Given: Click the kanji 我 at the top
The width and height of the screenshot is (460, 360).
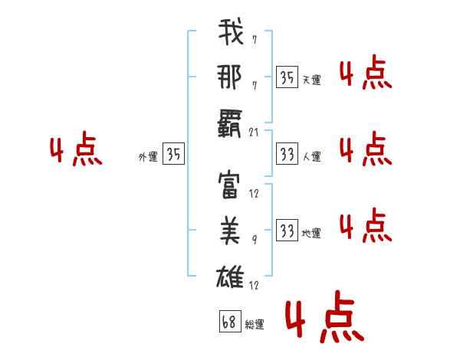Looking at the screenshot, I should (231, 33).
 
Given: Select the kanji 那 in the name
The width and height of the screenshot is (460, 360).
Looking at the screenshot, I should (231, 78).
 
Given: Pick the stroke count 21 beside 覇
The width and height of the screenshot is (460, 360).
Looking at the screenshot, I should (255, 133).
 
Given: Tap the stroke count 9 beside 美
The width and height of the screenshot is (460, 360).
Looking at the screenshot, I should (254, 240).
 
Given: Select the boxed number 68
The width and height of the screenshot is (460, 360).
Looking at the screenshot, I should (228, 321).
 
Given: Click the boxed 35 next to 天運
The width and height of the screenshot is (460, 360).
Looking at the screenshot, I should (287, 77).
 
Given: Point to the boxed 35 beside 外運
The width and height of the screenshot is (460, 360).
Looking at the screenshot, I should (173, 154).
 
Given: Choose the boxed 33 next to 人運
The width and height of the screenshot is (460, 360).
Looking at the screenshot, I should (287, 154).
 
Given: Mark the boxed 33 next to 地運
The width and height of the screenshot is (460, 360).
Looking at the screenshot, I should (287, 231).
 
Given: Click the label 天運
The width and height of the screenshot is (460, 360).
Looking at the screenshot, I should (311, 79).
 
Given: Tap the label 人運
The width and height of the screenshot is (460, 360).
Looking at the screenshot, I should (311, 156).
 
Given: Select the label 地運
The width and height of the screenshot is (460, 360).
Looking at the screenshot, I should (311, 233).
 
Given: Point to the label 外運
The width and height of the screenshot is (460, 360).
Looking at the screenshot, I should (148, 156).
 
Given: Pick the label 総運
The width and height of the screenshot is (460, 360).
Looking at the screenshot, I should (254, 324).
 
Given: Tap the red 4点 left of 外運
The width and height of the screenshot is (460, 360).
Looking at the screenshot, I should (75, 151).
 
